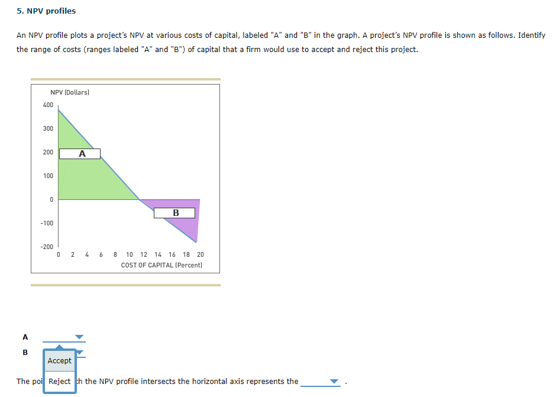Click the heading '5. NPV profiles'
46,11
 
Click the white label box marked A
82,154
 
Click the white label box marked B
174,213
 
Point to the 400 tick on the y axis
48,105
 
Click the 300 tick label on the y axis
48,129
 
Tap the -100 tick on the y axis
47,223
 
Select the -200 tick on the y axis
47,247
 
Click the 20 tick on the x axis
200,255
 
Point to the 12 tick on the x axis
144,255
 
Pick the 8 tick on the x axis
115,255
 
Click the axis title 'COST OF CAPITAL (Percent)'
161,265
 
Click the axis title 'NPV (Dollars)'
70,92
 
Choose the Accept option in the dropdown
59,361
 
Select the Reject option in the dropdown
59,382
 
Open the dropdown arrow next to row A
80,337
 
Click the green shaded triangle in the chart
89,177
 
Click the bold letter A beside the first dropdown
25,337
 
